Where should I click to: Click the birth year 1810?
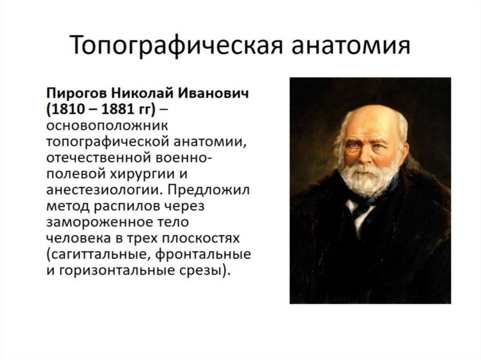point(68,109)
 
